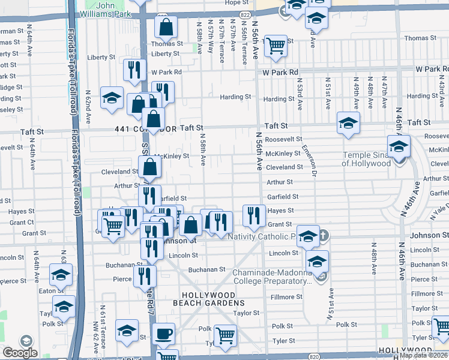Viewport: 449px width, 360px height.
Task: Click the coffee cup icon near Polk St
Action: coord(163,334)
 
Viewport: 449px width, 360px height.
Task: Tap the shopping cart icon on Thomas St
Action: coord(275,44)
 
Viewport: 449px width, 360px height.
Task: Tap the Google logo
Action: coord(20,353)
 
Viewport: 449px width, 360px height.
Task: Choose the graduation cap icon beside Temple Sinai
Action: coord(398,146)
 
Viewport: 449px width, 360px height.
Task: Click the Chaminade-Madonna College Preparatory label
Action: coord(271,277)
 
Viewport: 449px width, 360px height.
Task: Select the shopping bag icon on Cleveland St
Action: coord(149,167)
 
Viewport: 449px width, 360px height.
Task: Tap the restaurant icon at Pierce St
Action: coord(145,276)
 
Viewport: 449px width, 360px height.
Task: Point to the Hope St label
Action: coord(232,3)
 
